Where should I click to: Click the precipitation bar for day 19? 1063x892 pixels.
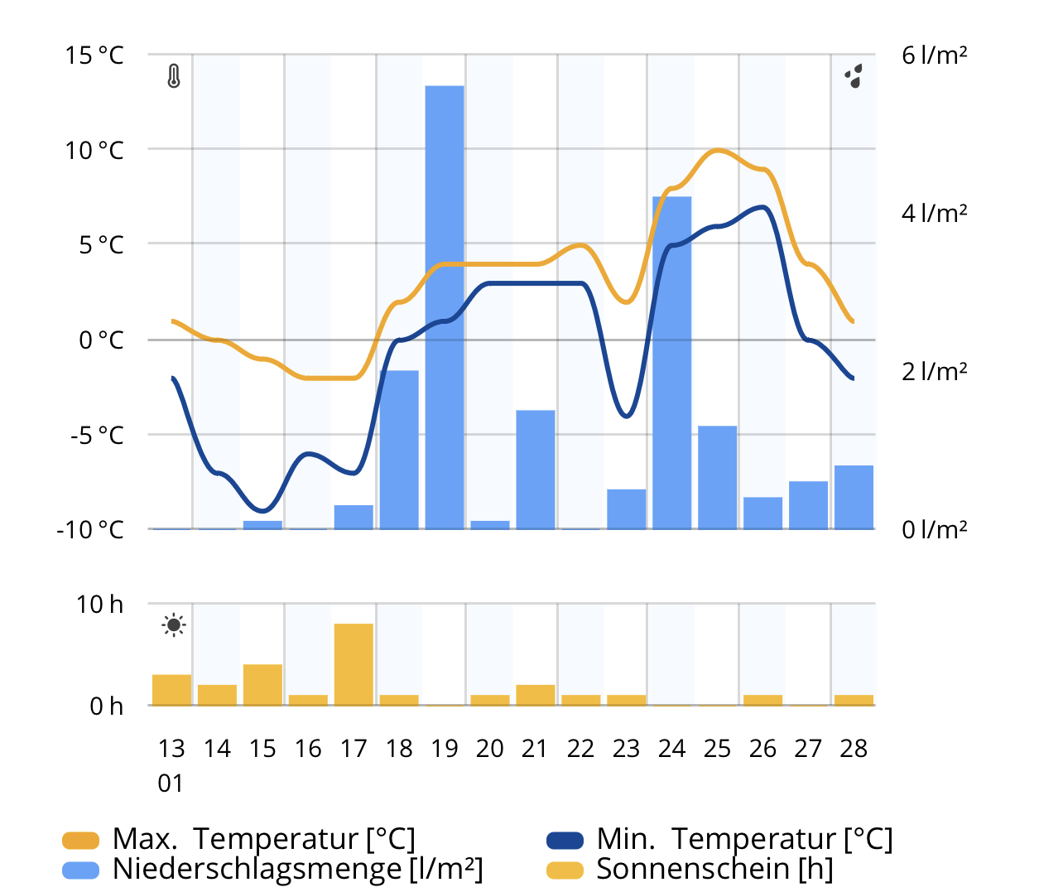pyautogui.click(x=445, y=307)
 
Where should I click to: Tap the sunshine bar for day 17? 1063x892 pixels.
pyautogui.click(x=354, y=664)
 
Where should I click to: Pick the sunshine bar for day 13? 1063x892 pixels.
pyautogui.click(x=171, y=690)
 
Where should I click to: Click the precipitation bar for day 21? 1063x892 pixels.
pyautogui.click(x=536, y=470)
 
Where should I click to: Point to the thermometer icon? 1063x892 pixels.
pyautogui.click(x=173, y=76)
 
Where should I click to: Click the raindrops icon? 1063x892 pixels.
pyautogui.click(x=854, y=76)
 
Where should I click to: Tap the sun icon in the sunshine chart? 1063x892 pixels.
pyautogui.click(x=174, y=625)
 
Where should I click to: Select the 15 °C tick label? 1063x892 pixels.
pyautogui.click(x=94, y=55)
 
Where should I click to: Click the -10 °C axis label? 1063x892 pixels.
pyautogui.click(x=89, y=529)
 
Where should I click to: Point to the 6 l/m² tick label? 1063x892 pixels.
pyautogui.click(x=935, y=55)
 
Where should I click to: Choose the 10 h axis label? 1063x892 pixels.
pyautogui.click(x=99, y=605)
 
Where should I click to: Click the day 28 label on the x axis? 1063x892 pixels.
pyautogui.click(x=854, y=749)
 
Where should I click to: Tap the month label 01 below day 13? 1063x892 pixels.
pyautogui.click(x=171, y=784)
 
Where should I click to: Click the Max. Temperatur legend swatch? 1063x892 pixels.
pyautogui.click(x=80, y=841)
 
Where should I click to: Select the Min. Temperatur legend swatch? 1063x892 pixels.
pyautogui.click(x=565, y=841)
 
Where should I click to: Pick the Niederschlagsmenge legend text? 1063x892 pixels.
pyautogui.click(x=298, y=869)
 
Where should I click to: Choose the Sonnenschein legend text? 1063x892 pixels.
pyautogui.click(x=714, y=869)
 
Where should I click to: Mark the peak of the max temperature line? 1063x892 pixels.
pyautogui.click(x=718, y=150)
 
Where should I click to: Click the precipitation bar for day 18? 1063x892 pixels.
pyautogui.click(x=399, y=450)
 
